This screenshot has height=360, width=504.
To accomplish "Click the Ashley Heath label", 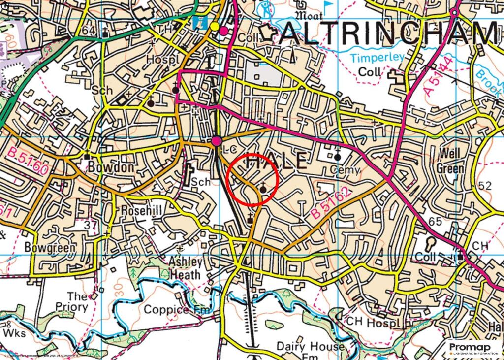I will click(185, 268).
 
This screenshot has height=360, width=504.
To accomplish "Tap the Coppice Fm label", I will click(177, 310).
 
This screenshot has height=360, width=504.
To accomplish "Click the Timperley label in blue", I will click(377, 58).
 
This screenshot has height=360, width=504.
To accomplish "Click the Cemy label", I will click(346, 170).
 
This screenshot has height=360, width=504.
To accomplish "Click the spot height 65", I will click(435, 222).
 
